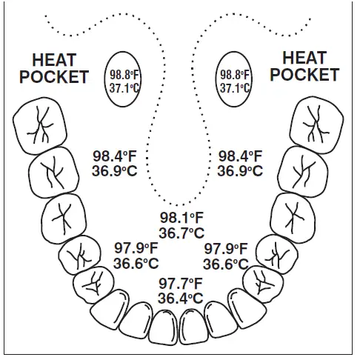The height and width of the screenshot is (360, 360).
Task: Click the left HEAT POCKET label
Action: coord(59,68)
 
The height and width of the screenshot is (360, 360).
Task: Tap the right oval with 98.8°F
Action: coord(235,76)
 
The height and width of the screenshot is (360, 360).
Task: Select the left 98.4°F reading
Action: coord(115,156)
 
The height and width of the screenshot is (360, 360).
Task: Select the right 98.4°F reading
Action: coord(240,156)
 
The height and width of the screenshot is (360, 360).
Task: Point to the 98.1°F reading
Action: coord(181,218)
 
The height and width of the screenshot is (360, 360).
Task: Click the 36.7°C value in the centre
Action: coord(181,233)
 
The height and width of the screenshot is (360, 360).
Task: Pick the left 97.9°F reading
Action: coord(136,248)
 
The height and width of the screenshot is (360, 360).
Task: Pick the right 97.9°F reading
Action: coord(226,248)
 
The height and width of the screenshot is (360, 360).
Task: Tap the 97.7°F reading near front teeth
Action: coord(181,284)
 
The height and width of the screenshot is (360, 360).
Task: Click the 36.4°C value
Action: coord(181,299)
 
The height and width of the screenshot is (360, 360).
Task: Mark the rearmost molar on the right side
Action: coord(316,121)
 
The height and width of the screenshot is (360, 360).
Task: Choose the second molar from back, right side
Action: coord(303,171)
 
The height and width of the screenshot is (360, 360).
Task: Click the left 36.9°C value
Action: coord(115,171)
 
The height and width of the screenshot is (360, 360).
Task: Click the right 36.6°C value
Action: coord(226,264)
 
